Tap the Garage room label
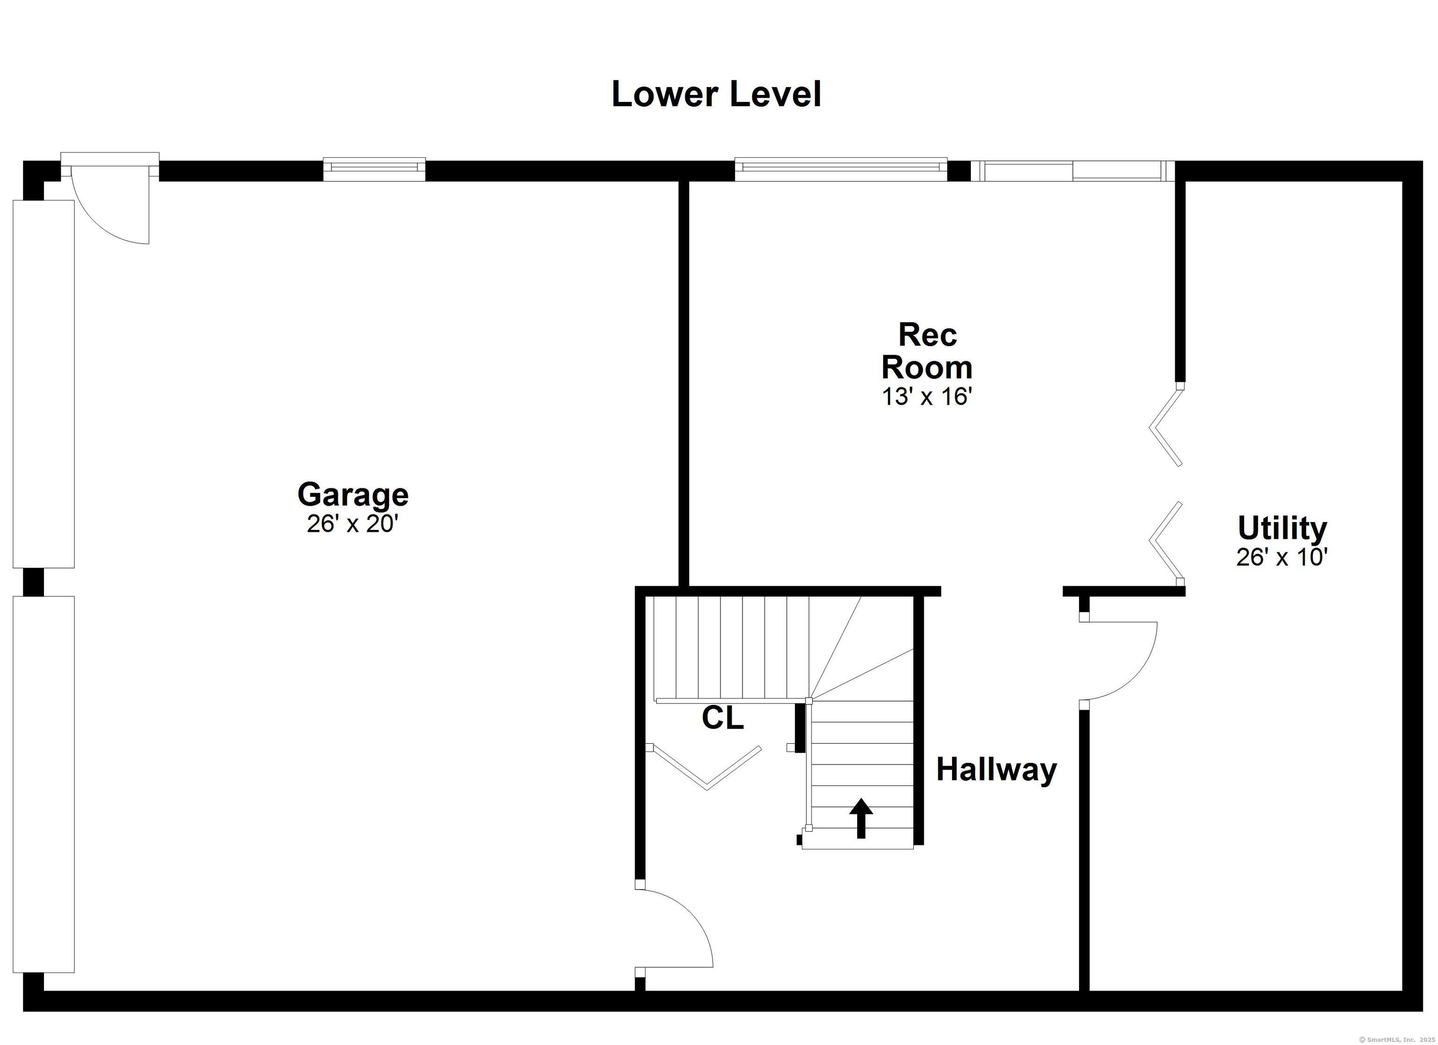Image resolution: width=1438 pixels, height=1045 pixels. pyautogui.click(x=353, y=494)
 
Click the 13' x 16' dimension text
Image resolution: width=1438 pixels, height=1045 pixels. pyautogui.click(x=927, y=397)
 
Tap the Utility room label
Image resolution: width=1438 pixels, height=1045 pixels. pyautogui.click(x=1282, y=528)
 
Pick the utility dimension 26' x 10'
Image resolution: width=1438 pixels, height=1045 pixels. pyautogui.click(x=1282, y=557)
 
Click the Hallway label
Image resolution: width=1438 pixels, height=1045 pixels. pyautogui.click(x=997, y=769)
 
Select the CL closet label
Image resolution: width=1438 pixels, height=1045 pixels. pyautogui.click(x=722, y=718)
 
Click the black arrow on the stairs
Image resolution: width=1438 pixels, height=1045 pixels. pyautogui.click(x=861, y=818)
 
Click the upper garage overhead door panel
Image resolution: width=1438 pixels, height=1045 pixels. pyautogui.click(x=44, y=384)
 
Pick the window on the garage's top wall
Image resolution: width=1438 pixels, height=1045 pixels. pyautogui.click(x=374, y=168)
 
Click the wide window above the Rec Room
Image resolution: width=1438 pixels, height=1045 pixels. pyautogui.click(x=841, y=168)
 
